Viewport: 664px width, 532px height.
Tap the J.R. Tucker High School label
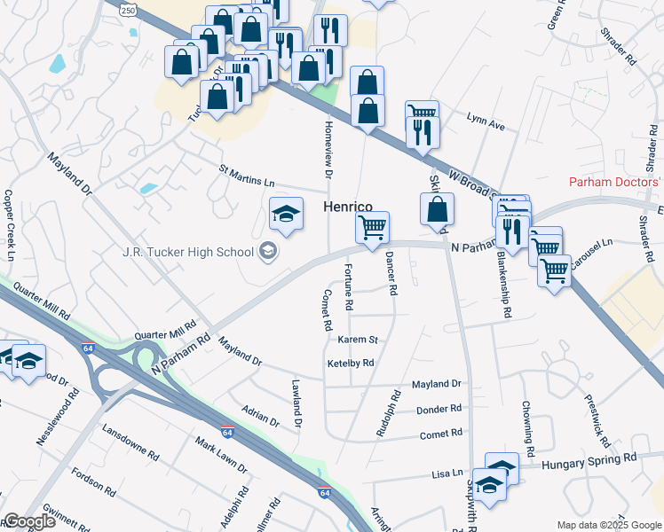(188, 252)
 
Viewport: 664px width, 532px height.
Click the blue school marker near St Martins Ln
(286, 214)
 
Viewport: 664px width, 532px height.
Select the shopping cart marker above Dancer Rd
(373, 226)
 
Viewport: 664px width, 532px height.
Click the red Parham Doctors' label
(616, 183)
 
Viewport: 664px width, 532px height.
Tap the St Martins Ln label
(247, 175)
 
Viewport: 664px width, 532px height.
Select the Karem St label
(358, 340)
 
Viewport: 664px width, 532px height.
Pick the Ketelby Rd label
(351, 363)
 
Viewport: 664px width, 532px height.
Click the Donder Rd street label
(439, 409)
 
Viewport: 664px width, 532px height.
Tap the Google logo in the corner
(29, 521)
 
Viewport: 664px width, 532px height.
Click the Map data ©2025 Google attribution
(608, 525)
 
